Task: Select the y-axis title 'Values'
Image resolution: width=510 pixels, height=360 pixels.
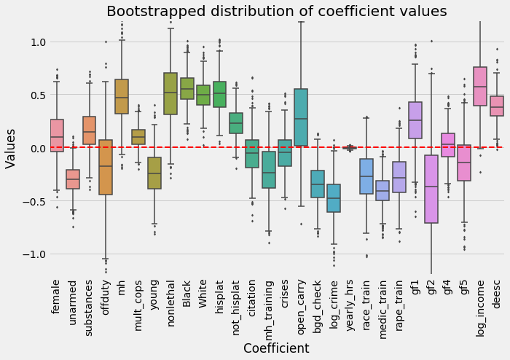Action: (x=11, y=148)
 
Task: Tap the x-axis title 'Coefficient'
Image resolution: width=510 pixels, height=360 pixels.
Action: (x=276, y=348)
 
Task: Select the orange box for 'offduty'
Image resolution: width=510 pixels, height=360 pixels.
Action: (x=106, y=167)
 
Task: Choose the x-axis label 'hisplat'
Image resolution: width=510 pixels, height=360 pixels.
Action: (x=219, y=294)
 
